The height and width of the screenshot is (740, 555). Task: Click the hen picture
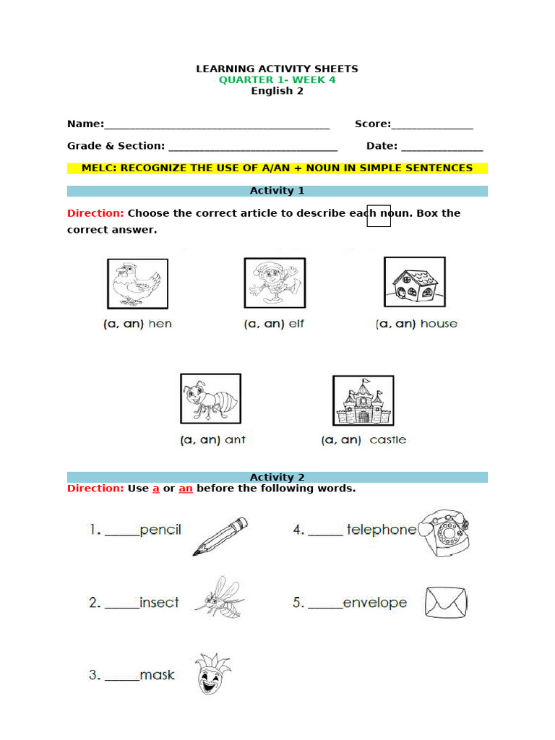click(137, 284)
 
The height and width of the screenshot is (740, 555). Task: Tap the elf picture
click(275, 283)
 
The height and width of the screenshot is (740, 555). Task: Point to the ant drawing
click(210, 399)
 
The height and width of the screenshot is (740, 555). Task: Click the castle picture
click(363, 400)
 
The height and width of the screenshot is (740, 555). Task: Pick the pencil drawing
click(220, 536)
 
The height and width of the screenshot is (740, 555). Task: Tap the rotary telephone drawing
click(447, 532)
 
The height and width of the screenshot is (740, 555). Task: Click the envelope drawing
click(446, 602)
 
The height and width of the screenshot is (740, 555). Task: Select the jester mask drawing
click(211, 674)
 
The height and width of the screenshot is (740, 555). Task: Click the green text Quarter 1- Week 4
click(277, 80)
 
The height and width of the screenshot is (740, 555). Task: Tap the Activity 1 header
click(277, 191)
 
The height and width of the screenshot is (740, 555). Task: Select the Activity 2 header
click(277, 477)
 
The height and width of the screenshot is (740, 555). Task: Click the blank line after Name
click(217, 126)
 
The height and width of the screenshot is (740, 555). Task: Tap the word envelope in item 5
click(375, 603)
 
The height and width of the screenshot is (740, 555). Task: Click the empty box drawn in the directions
click(379, 215)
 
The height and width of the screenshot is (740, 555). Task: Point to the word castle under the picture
click(388, 440)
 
